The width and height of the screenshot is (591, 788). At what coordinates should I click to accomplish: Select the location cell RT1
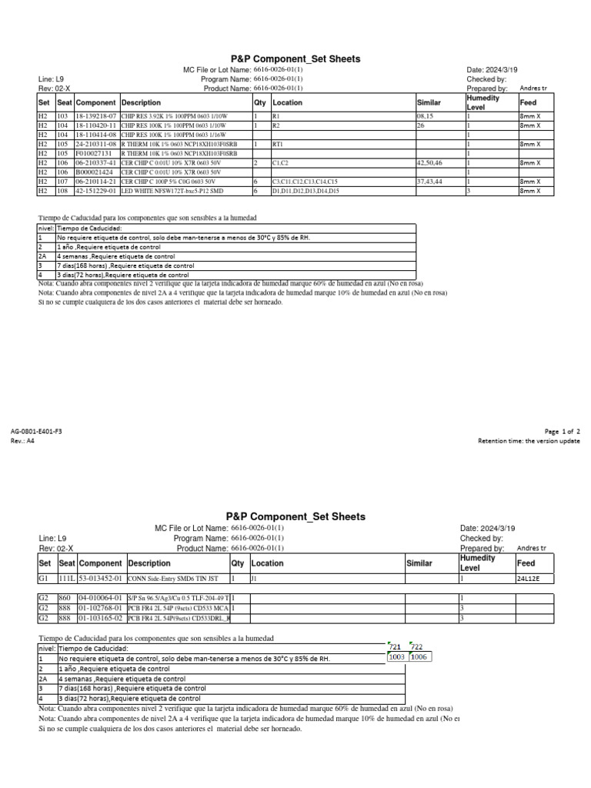pyautogui.click(x=279, y=144)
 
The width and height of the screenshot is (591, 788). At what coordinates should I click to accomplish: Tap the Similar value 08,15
pyautogui.click(x=426, y=115)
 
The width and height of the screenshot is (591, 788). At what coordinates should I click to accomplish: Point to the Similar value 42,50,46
pyautogui.click(x=430, y=163)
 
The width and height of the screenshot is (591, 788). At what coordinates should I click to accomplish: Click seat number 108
pyautogui.click(x=62, y=191)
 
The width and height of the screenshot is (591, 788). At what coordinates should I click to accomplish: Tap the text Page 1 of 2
pyautogui.click(x=562, y=432)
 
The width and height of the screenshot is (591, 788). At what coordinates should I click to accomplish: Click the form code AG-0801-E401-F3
pyautogui.click(x=36, y=432)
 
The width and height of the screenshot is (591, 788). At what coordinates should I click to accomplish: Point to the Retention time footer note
pyautogui.click(x=529, y=441)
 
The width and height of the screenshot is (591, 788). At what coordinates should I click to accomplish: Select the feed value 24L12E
pyautogui.click(x=533, y=578)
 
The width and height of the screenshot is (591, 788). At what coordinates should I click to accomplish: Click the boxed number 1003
pyautogui.click(x=397, y=657)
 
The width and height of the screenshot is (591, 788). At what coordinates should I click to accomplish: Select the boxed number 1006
pyautogui.click(x=420, y=657)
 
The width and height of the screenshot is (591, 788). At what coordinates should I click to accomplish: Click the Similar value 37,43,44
pyautogui.click(x=430, y=182)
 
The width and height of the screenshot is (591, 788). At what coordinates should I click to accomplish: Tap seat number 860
pyautogui.click(x=65, y=597)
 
